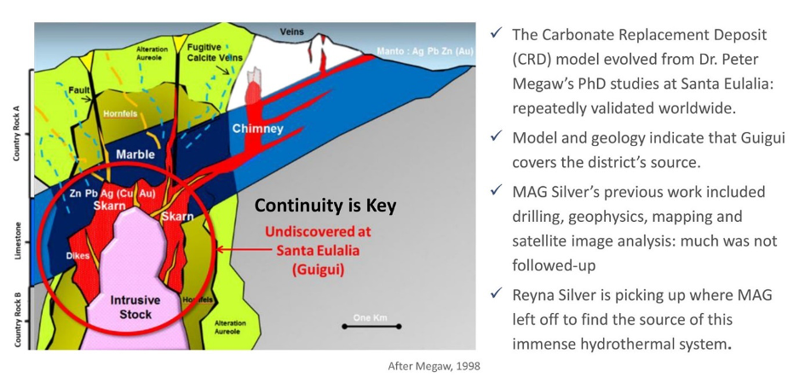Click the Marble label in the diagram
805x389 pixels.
click(135, 154)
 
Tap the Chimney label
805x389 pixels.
click(258, 129)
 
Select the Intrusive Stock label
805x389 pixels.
click(135, 307)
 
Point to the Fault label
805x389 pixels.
click(78, 91)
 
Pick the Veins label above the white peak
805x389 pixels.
click(291, 32)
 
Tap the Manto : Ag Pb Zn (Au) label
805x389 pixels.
click(424, 51)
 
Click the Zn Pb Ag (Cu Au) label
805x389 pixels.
click(112, 194)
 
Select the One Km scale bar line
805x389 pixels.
click(371, 327)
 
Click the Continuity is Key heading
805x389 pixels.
click(325, 206)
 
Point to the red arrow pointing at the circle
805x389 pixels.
click(243, 250)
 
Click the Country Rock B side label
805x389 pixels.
click(17, 319)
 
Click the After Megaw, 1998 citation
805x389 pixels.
click(434, 366)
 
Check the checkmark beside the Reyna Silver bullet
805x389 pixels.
click(496, 293)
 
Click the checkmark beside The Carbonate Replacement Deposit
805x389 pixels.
click(496, 33)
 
